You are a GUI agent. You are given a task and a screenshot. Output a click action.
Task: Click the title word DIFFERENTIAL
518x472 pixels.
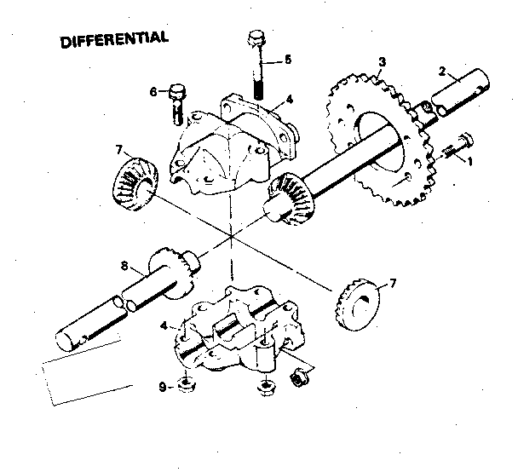point(114,40)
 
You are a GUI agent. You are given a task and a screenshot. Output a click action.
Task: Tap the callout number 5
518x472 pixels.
point(288,60)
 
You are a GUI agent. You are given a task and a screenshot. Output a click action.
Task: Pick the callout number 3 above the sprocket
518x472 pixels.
point(383,62)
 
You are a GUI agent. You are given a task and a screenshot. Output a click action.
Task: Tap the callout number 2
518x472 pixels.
point(444,73)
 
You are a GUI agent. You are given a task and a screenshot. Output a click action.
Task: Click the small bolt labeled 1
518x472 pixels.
point(458,146)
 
